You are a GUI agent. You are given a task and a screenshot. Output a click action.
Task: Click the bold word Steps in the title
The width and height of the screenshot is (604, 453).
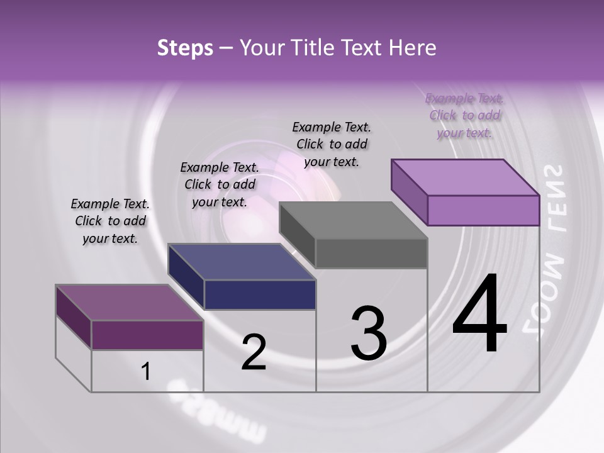tap(185, 48)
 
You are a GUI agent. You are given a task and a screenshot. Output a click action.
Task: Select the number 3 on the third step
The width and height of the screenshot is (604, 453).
tap(369, 333)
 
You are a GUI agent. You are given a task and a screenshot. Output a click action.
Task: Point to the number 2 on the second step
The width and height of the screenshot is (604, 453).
tap(254, 352)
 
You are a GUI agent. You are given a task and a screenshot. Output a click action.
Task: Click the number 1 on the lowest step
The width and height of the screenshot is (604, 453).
tap(146, 372)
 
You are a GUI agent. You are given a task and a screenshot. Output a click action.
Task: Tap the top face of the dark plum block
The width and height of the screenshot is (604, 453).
tap(129, 303)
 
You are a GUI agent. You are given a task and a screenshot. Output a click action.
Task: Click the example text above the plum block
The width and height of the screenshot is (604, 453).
tap(110, 221)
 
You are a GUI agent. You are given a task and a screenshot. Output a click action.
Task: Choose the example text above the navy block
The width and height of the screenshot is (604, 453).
tap(220, 184)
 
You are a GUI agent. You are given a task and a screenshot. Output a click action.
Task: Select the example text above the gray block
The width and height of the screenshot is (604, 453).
tap(332, 144)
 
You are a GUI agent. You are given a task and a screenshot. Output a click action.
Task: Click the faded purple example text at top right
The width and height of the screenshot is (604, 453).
tap(464, 115)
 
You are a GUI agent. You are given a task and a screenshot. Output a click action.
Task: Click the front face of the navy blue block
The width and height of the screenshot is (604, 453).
tap(260, 294)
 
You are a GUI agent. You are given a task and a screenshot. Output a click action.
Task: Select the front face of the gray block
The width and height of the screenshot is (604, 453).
tap(371, 253)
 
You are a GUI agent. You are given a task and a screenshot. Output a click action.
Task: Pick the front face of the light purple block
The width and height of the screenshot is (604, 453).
tap(483, 210)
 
